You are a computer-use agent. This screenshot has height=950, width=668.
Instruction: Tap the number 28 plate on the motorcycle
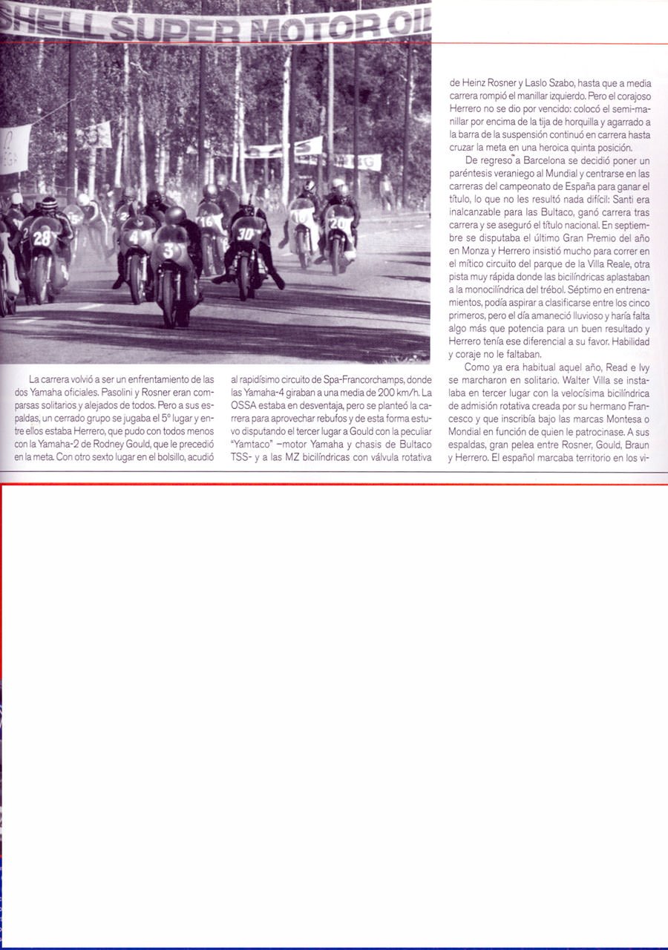(x=42, y=237)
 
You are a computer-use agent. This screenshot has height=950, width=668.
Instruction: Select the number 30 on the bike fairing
(x=246, y=232)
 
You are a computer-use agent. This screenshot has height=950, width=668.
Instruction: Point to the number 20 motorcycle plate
(x=335, y=222)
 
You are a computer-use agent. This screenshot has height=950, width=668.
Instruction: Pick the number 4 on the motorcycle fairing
(x=134, y=237)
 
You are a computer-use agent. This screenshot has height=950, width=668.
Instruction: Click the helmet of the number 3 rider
(x=175, y=215)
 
